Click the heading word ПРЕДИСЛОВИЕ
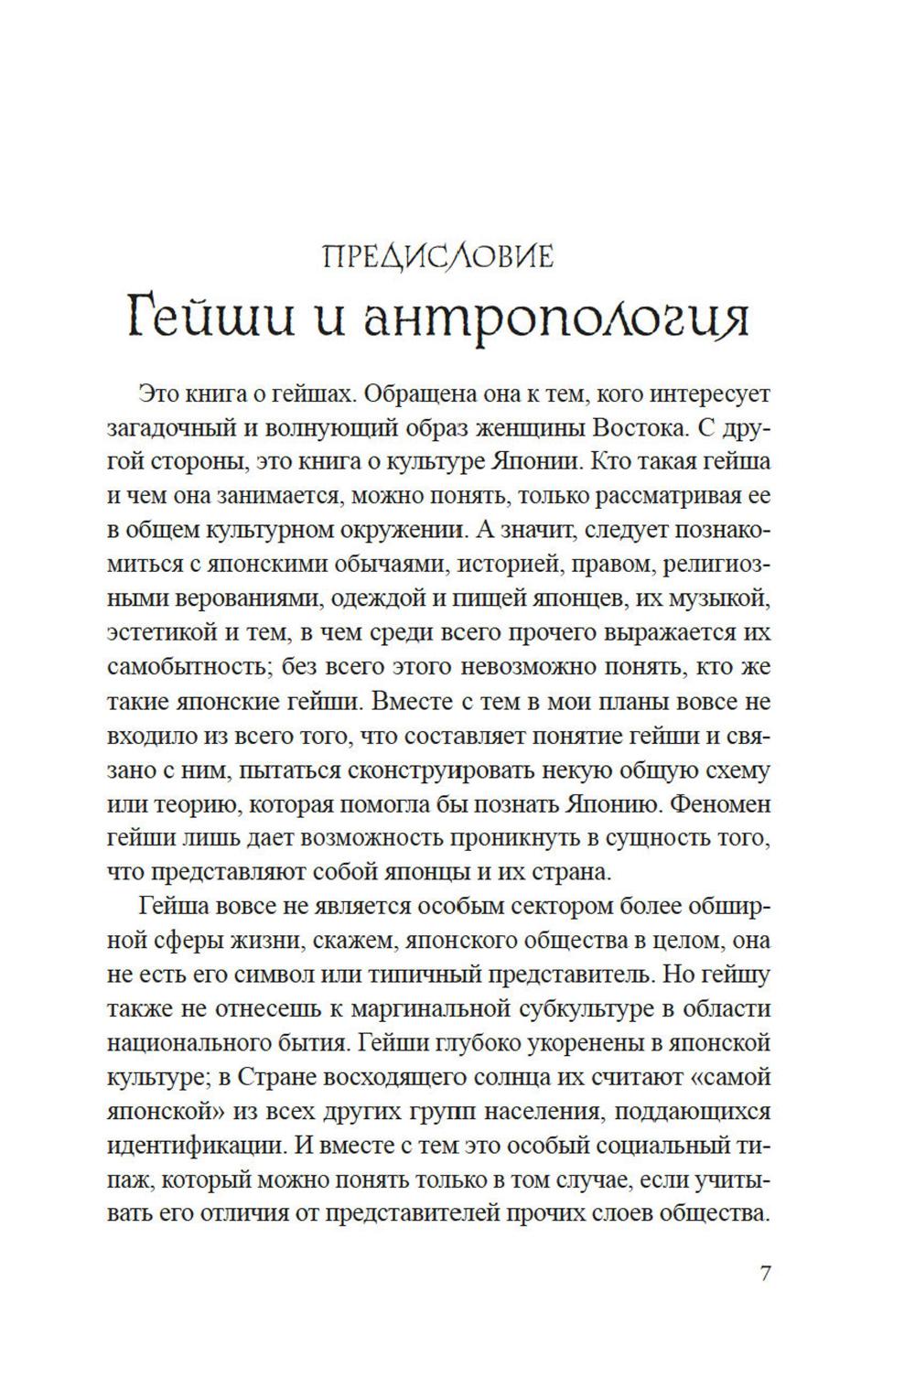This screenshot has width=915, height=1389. tap(438, 257)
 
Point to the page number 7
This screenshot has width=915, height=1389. tap(765, 1273)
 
